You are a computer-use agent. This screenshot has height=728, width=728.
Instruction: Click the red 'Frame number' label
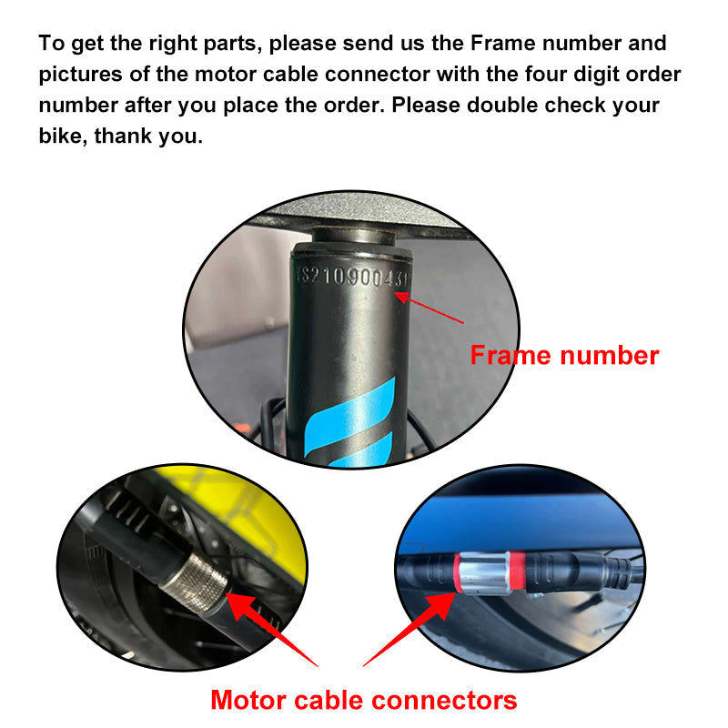tap(563, 355)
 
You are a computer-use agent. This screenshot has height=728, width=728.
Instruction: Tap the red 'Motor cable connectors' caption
tap(363, 700)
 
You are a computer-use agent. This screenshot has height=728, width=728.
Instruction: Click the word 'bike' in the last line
tap(59, 136)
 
